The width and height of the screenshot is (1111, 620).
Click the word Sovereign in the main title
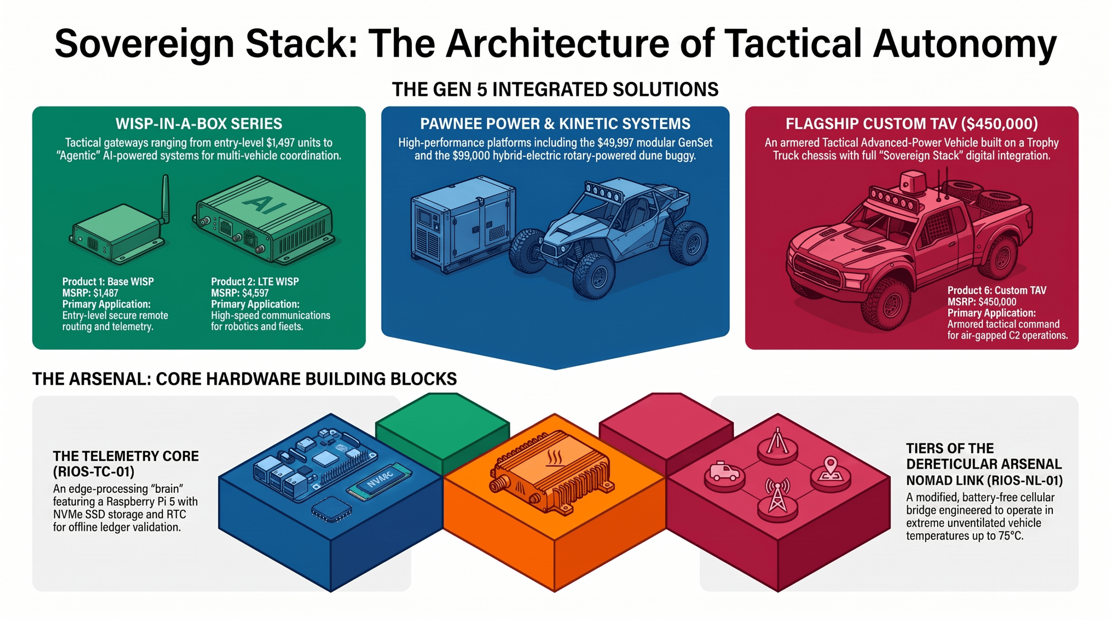145,44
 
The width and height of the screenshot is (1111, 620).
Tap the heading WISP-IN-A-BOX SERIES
199,124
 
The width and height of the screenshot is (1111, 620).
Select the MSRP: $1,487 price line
90,293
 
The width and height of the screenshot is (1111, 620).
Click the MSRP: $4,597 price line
240,293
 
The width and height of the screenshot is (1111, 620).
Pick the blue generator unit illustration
463,226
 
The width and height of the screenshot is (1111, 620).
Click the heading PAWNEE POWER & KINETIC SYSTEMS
555,124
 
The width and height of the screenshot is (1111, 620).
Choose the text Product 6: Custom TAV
997,290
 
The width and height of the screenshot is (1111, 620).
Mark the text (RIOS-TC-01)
94,472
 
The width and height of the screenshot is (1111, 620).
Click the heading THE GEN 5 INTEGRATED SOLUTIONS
555,89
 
